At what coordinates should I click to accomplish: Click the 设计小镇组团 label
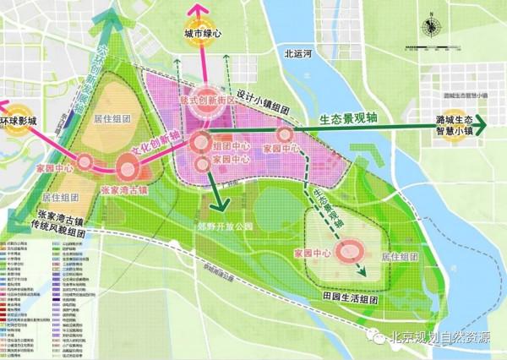pos(262,109)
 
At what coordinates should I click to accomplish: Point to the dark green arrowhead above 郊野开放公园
pos(221,206)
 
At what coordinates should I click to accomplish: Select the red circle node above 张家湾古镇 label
pos(127,169)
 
